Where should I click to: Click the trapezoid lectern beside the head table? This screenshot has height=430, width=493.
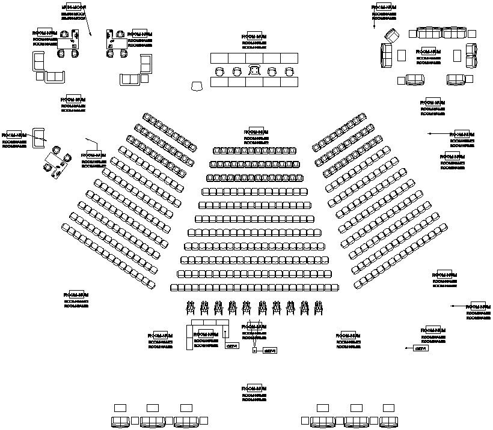pyautogui.click(x=197, y=86)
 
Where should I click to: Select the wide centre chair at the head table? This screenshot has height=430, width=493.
pyautogui.click(x=255, y=71)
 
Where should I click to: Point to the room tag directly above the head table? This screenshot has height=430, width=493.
pyautogui.click(x=254, y=37)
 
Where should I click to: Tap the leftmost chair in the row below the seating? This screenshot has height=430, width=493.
pyautogui.click(x=191, y=307)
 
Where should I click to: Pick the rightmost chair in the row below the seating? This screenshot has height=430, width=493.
pyautogui.click(x=319, y=307)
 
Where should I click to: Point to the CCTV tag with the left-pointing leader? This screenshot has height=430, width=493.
pyautogui.click(x=421, y=348)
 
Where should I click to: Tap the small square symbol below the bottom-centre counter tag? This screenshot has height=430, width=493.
pyautogui.click(x=254, y=350)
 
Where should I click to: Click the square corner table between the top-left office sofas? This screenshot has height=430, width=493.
pyautogui.click(x=40, y=76)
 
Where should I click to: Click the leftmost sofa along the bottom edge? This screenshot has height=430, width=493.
pyautogui.click(x=120, y=422)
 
